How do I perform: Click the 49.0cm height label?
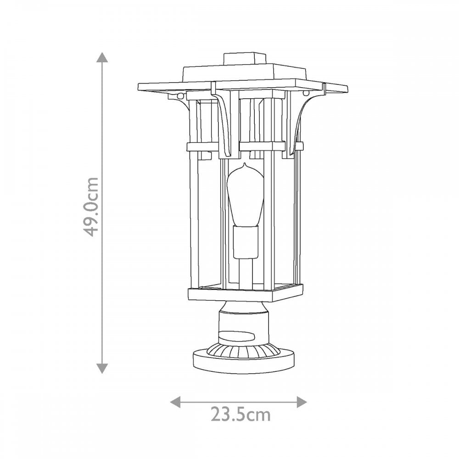[x=91, y=207]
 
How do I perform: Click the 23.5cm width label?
[x=241, y=414]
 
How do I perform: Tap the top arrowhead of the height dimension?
[x=102, y=57]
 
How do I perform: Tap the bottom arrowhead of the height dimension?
[x=102, y=368]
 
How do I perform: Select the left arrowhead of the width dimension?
[x=175, y=402]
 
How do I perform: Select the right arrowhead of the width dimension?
[x=302, y=402]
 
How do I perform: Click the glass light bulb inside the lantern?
[x=246, y=195]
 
